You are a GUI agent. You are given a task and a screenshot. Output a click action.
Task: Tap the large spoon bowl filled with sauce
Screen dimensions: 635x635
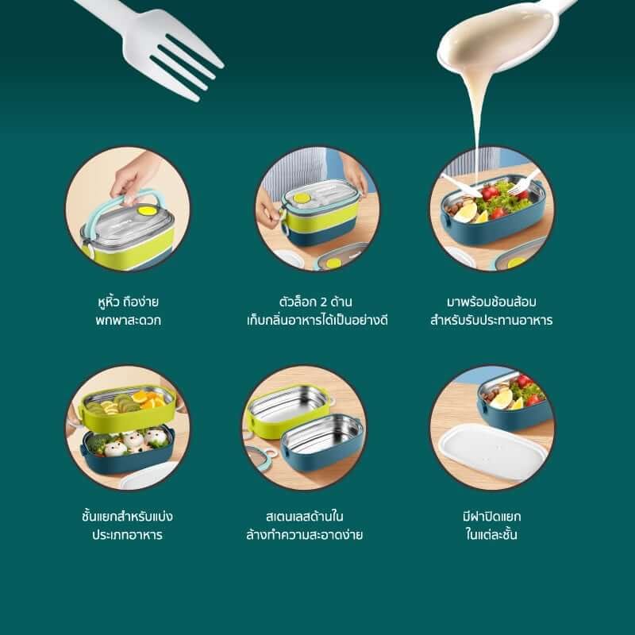pyautogui.click(x=496, y=38)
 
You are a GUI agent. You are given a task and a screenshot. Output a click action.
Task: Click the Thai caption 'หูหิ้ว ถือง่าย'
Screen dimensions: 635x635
pyautogui.click(x=128, y=302)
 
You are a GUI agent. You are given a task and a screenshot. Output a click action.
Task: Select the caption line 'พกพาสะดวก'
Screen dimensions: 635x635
pyautogui.click(x=128, y=321)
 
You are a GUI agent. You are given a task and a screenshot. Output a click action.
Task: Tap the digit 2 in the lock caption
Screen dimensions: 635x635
pyautogui.click(x=323, y=302)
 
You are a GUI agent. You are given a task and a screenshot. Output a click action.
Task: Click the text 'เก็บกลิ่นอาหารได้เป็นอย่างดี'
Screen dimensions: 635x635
pyautogui.click(x=317, y=321)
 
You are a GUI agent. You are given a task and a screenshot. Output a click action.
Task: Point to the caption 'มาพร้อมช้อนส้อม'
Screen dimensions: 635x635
pyautogui.click(x=491, y=302)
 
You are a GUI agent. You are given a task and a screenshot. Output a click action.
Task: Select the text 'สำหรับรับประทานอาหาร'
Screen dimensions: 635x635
pyautogui.click(x=491, y=321)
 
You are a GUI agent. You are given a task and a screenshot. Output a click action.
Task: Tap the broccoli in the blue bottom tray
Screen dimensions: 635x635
pyautogui.click(x=96, y=443)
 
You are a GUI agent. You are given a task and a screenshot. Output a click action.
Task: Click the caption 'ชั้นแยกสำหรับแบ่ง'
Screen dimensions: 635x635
pyautogui.click(x=127, y=517)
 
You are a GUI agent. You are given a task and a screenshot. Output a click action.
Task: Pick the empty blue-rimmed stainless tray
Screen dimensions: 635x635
pyautogui.click(x=322, y=441)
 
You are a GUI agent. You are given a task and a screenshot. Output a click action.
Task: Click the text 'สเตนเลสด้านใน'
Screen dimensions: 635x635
pyautogui.click(x=305, y=517)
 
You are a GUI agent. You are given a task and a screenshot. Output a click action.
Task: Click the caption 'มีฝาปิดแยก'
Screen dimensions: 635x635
pyautogui.click(x=491, y=517)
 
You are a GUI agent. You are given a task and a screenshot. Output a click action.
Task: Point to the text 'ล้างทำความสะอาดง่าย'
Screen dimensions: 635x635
pyautogui.click(x=305, y=534)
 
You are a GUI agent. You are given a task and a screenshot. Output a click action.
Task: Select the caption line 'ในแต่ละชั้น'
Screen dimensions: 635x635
pyautogui.click(x=491, y=534)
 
